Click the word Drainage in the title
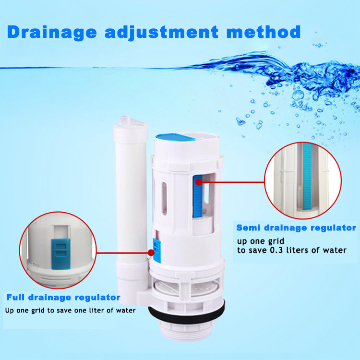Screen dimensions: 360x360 coord(52,33)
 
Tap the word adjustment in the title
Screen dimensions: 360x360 coord(161,33)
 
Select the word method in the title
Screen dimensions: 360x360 coord(264,32)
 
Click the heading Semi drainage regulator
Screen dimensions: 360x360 coord(296,228)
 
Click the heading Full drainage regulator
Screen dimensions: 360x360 coord(63,297)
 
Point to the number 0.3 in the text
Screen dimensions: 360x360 coord(276,250)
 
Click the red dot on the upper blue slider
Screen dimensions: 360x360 coord(199,182)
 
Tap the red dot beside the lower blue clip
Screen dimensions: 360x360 coord(151,253)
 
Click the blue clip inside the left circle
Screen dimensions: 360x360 coord(60,254)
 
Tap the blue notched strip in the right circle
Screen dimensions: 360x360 coord(307,177)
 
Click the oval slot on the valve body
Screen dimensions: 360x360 coord(164,199)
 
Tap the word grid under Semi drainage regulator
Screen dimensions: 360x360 coord(276,241)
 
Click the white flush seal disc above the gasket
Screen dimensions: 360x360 coord(186,288)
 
